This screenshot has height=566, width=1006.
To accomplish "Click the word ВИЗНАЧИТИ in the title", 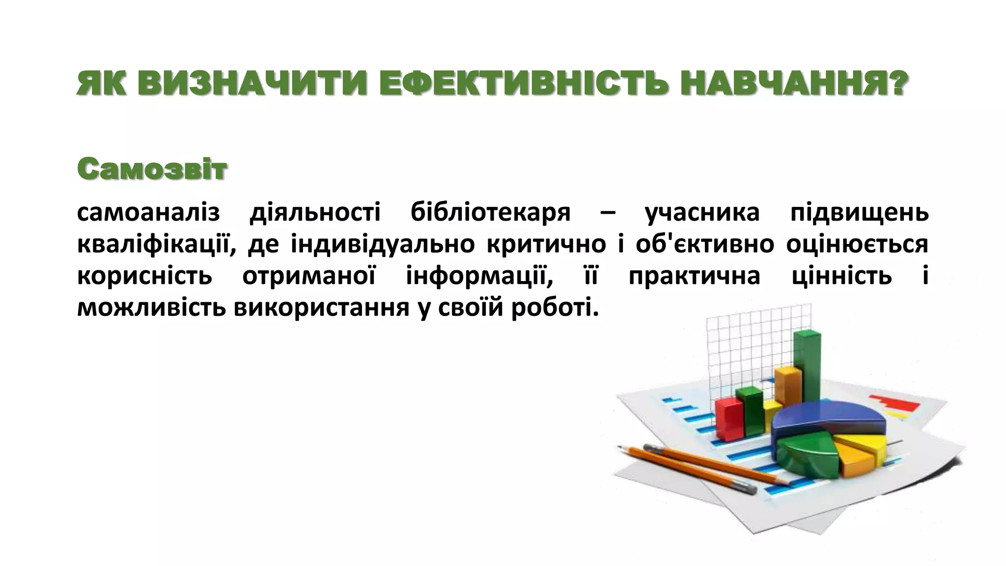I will pos(251,84).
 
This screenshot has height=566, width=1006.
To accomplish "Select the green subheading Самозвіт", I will pos(152,169).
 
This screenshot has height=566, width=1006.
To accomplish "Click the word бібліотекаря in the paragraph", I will pos(490,213).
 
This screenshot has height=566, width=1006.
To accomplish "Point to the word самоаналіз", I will pos(148,213).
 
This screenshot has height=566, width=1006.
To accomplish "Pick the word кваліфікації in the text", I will pos(154,245).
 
